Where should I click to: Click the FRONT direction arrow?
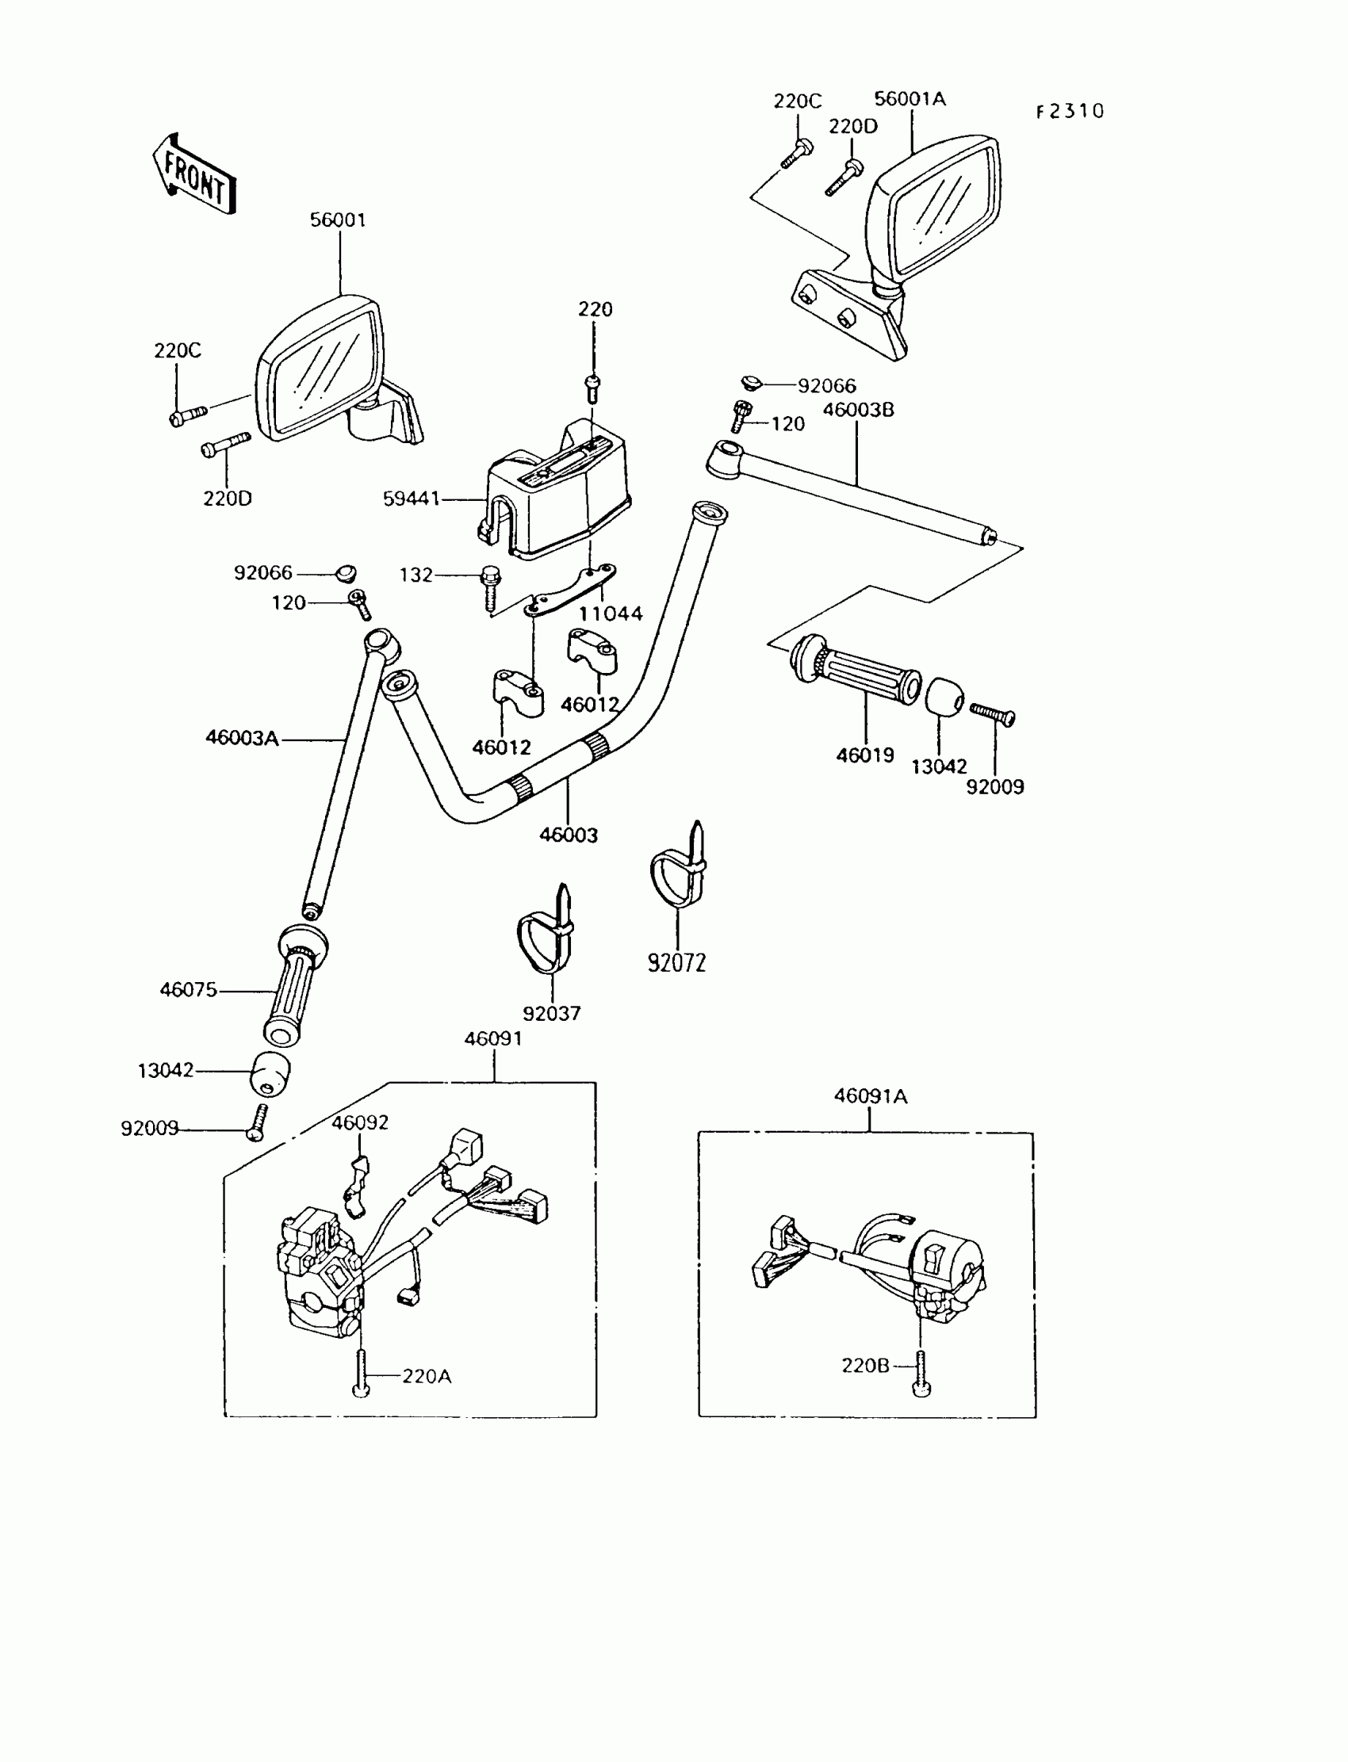[194, 175]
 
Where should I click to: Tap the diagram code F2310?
[1070, 112]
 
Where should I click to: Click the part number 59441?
[411, 499]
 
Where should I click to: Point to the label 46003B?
[858, 410]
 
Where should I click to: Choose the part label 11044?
[611, 613]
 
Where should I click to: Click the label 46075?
[188, 990]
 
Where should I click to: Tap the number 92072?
[676, 962]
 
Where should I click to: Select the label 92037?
[551, 1013]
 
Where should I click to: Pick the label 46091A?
[870, 1095]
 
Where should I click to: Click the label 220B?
[865, 1365]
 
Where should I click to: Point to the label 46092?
[359, 1123]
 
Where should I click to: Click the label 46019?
[864, 755]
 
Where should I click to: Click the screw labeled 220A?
[361, 1374]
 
